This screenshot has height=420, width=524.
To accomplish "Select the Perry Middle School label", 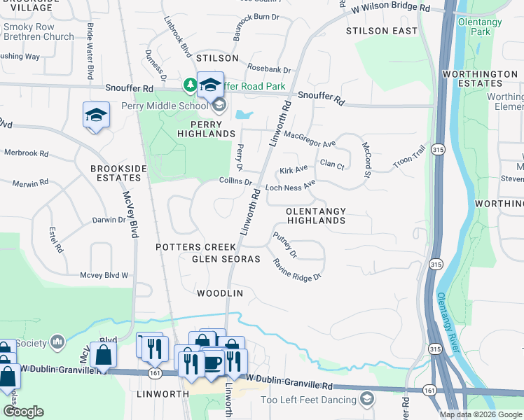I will pyautogui.click(x=165, y=106).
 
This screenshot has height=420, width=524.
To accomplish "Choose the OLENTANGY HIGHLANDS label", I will pyautogui.click(x=315, y=216).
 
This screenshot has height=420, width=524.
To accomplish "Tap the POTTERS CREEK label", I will pyautogui.click(x=195, y=247).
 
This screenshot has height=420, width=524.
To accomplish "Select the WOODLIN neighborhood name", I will pyautogui.click(x=219, y=293).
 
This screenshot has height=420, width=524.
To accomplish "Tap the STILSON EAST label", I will pyautogui.click(x=382, y=31).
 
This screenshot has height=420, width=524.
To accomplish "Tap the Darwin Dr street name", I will pyautogui.click(x=109, y=220).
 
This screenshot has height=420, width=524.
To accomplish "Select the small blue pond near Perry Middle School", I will pyautogui.click(x=244, y=114).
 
